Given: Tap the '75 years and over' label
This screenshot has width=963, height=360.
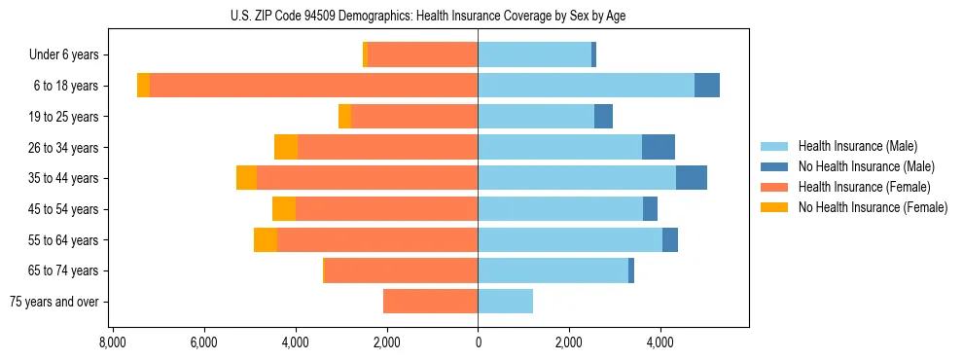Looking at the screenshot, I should [x=54, y=302].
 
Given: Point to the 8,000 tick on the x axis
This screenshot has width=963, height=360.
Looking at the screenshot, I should [x=112, y=342].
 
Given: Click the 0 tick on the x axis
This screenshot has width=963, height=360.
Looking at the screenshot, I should [x=478, y=342].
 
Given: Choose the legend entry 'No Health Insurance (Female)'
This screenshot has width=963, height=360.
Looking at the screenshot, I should [x=873, y=207].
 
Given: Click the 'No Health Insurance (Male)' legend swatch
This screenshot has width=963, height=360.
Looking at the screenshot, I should [x=774, y=166].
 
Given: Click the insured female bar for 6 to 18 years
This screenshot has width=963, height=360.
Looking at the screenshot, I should [x=313, y=86].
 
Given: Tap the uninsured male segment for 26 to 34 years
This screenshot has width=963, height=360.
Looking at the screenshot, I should [x=659, y=147].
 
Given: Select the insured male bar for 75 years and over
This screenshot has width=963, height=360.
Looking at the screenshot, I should [x=505, y=302].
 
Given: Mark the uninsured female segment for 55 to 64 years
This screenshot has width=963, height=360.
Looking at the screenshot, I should [x=266, y=239].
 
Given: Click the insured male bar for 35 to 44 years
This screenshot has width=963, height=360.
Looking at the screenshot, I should [x=577, y=178].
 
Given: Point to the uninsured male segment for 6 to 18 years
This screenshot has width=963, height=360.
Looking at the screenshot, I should [x=707, y=86].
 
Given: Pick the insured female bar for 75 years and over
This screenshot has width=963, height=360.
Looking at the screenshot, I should [x=430, y=302].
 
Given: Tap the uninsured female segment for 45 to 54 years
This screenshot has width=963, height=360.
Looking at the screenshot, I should [x=284, y=209].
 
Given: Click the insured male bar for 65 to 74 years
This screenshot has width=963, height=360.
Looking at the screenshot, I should [x=553, y=270].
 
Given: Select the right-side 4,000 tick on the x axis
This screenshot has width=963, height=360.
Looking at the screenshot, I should [x=660, y=342].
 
